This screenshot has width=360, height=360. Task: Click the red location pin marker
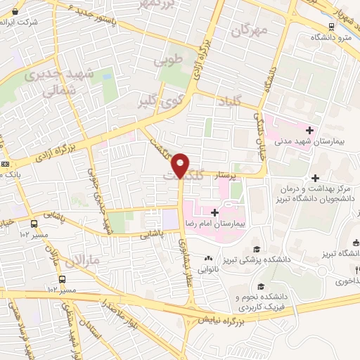pyautogui.click(x=181, y=165)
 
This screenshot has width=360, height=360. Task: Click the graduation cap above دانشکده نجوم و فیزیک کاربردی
pyautogui.click(x=262, y=287)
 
